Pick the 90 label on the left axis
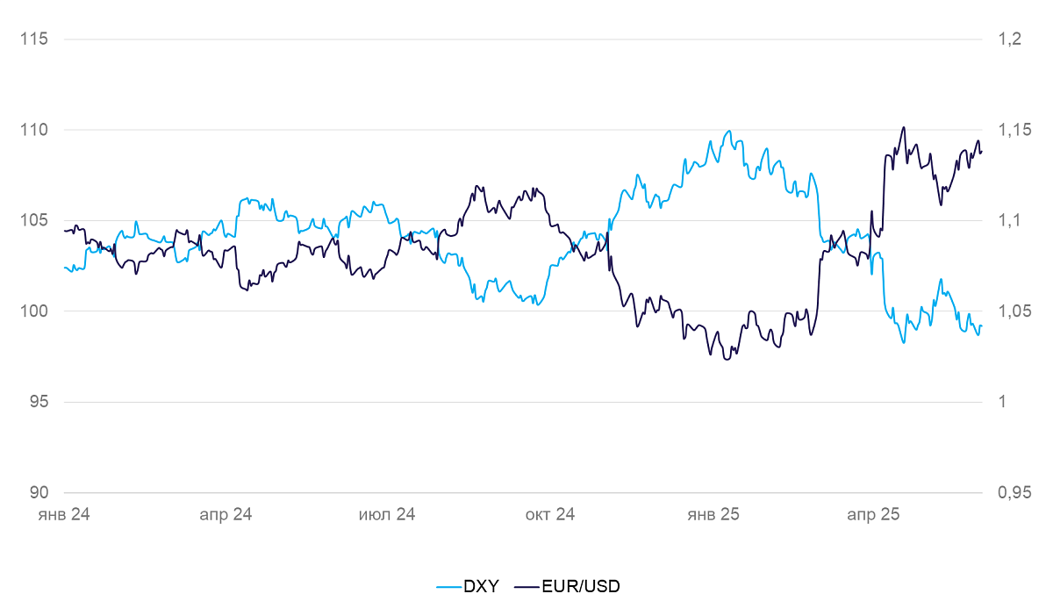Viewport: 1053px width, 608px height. [38, 493]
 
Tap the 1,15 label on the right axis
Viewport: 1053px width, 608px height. [1014, 130]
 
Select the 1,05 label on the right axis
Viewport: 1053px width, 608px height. [1014, 311]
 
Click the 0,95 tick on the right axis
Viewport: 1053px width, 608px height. [1014, 493]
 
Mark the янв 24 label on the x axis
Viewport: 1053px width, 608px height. [64, 515]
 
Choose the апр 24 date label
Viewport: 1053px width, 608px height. [226, 515]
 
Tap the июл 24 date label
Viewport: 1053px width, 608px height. [387, 515]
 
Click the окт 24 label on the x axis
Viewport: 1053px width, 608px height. [550, 515]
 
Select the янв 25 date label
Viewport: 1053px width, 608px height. [713, 515]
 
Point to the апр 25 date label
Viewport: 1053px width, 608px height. [873, 515]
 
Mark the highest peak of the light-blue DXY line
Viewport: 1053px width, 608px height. [728, 131]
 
